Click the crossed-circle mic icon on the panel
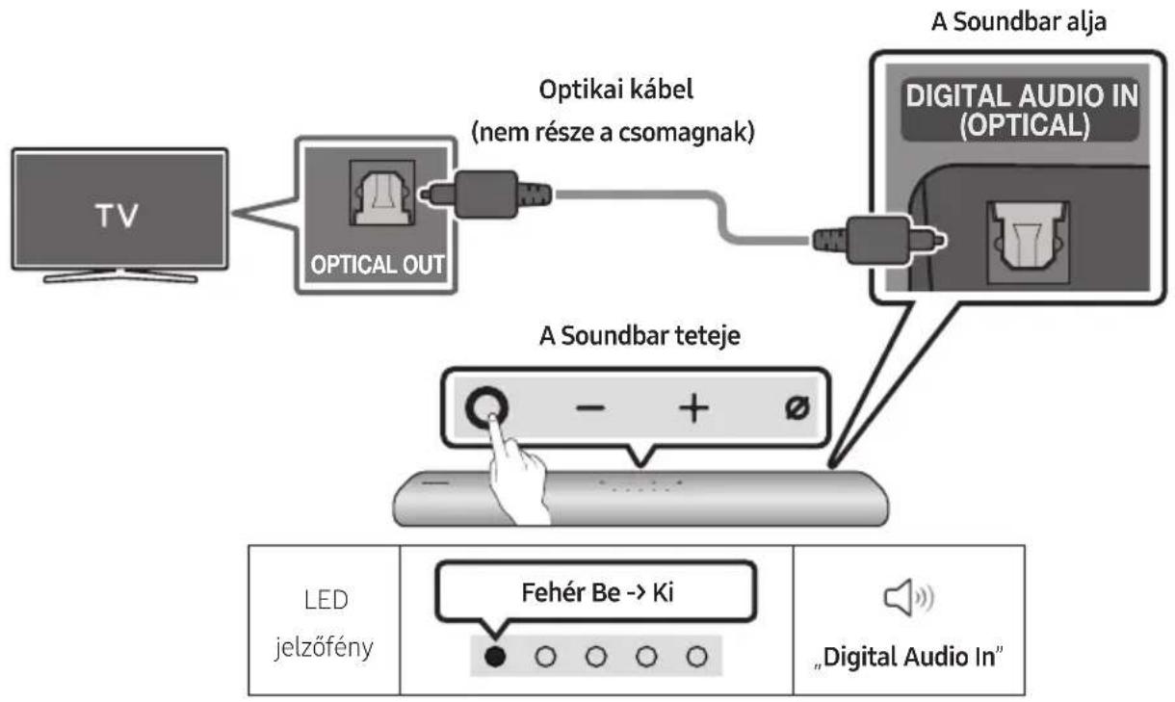tap(796, 408)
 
